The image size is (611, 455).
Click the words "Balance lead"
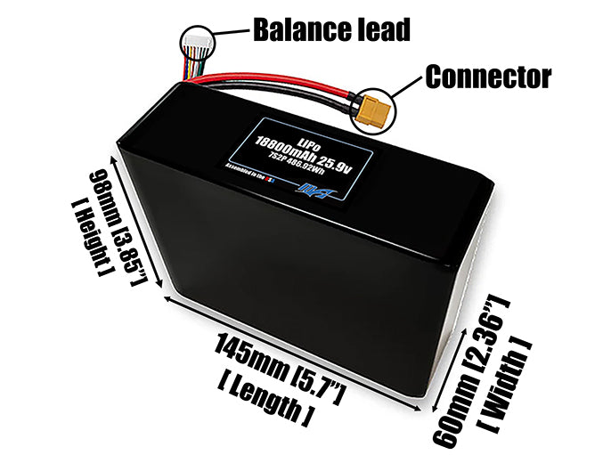(x=331, y=29)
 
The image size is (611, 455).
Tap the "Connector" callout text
(x=488, y=77)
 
